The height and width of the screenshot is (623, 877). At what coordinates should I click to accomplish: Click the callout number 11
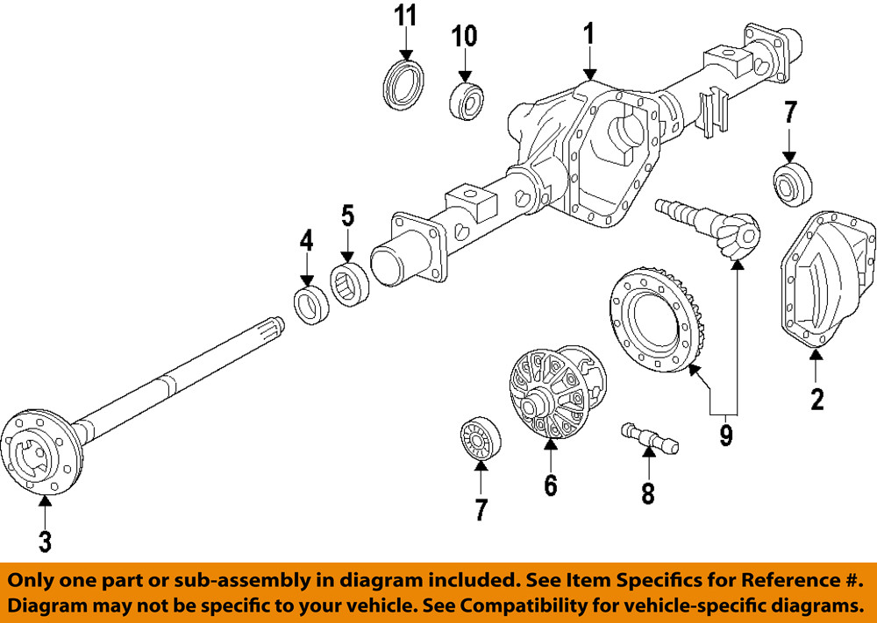point(404,16)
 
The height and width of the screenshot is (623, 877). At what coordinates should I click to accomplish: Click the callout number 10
point(464,36)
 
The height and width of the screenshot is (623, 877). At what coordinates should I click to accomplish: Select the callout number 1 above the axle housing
point(588,34)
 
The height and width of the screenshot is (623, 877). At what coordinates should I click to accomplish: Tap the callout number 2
point(817,399)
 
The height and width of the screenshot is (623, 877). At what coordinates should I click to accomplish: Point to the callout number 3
point(45,541)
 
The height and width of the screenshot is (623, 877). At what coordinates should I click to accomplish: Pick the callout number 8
point(647,493)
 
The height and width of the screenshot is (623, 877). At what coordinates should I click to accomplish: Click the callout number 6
point(550,485)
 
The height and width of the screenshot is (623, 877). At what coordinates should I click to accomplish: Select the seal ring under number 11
point(404,84)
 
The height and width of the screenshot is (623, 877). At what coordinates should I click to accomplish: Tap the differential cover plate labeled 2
point(828,281)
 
